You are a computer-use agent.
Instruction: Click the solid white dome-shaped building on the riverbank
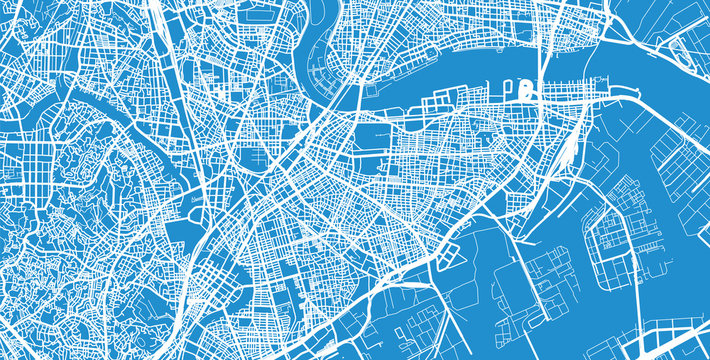(x=527, y=91)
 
